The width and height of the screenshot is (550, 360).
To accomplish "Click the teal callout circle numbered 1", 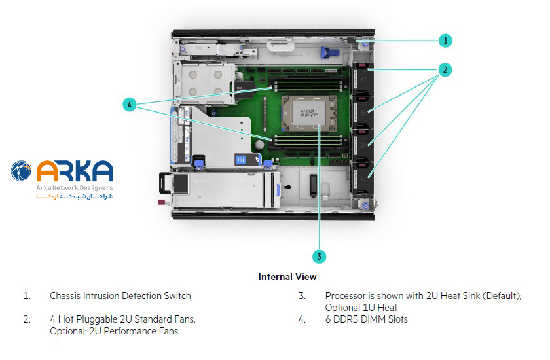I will [445, 40].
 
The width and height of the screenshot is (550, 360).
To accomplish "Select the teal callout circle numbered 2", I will [445, 69].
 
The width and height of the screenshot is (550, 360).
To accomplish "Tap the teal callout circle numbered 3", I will [319, 257].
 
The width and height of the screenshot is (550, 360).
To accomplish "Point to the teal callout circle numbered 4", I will [130, 104].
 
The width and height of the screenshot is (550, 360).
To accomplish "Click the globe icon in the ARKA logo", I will [22, 171].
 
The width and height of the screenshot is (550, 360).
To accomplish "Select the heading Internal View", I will [288, 277].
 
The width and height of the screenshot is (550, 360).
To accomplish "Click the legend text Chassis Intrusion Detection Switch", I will [120, 296].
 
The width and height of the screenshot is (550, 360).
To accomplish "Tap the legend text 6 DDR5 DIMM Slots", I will [366, 319].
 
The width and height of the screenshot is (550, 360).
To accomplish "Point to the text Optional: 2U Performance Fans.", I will [115, 331].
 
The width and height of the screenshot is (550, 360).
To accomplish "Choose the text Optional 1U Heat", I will [361, 308].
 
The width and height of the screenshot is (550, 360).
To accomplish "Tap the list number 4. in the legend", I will [302, 319].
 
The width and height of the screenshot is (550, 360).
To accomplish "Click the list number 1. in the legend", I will [27, 296].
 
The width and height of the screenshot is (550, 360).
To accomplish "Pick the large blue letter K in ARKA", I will [83, 171].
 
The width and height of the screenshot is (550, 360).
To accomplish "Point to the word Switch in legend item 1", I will [177, 296].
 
